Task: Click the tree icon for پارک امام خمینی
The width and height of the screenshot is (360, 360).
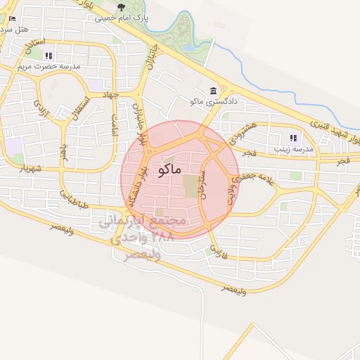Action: coord(121,7)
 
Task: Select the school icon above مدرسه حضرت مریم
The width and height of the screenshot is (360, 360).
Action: coord(48,56)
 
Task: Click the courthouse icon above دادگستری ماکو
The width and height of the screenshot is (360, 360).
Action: coord(214,91)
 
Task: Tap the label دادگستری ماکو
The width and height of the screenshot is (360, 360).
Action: coord(214,102)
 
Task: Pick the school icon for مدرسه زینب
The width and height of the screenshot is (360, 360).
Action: coord(292,139)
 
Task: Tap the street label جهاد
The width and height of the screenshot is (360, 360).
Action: coord(111,94)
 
